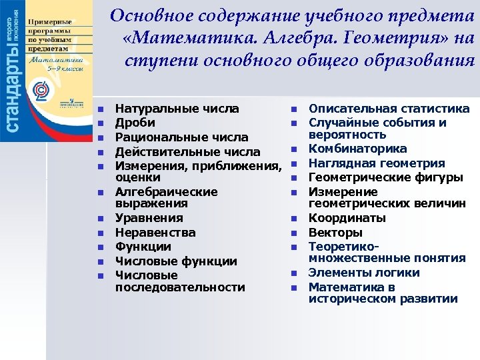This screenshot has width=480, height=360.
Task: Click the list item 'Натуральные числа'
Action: pos(178,109)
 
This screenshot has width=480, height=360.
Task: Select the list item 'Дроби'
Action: pos(135,123)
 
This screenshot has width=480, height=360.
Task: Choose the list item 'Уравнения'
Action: pos(149,218)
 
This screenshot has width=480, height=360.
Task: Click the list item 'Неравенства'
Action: pos(155,233)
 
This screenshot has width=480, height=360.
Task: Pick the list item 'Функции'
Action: pos(143,247)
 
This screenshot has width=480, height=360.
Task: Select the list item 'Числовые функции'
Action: pos(176,261)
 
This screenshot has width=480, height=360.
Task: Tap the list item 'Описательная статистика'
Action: pos(389,109)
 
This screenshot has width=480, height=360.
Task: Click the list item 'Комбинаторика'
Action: pos(357,149)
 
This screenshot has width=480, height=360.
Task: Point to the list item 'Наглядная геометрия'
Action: pos(377,163)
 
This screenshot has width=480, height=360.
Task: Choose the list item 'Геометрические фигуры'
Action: pos(386,178)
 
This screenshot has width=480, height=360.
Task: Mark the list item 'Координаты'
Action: pos(347,218)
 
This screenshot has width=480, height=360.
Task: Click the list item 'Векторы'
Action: pos(336,233)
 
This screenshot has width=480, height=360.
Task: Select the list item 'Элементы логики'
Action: pos(364,273)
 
